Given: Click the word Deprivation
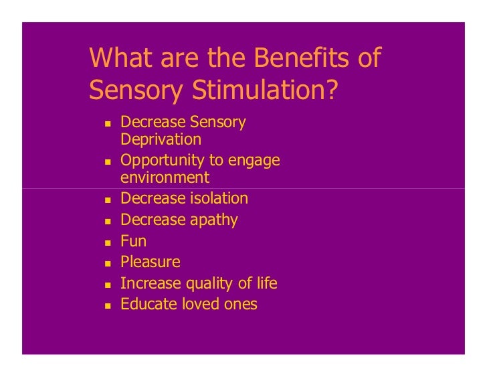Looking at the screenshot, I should (x=161, y=140).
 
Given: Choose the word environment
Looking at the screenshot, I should (x=165, y=178).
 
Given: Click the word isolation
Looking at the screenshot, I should (x=218, y=199).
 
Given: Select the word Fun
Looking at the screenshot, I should (x=133, y=241).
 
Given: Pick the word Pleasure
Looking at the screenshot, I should (x=151, y=262).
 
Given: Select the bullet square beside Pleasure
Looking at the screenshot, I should (x=106, y=263).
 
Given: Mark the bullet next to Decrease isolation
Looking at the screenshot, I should (x=106, y=200).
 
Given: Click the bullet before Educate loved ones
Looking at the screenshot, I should (x=106, y=305).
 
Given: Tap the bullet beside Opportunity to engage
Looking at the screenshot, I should (x=106, y=162).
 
